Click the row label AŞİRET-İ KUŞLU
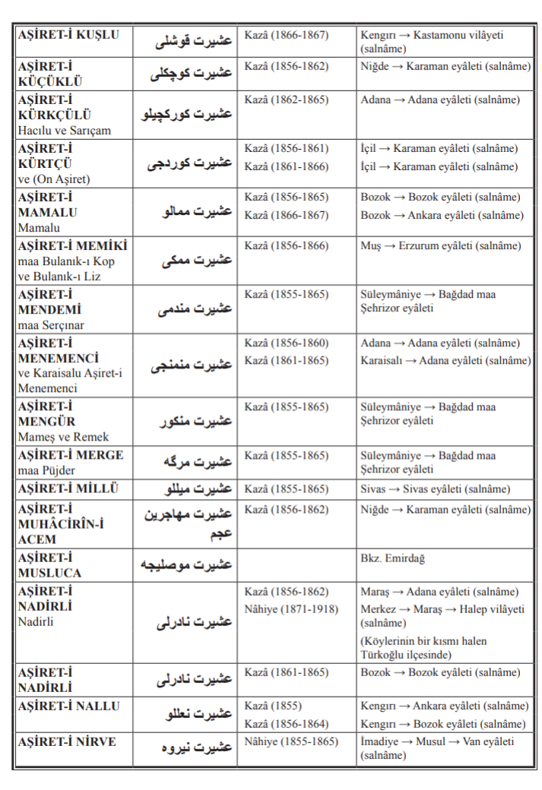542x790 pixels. point(68,35)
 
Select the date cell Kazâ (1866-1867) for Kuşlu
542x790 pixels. point(286,35)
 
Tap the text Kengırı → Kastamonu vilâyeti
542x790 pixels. point(432,35)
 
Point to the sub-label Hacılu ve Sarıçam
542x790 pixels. point(65,130)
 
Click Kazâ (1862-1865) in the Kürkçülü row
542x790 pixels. point(286,100)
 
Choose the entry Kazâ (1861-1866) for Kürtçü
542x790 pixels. point(286,166)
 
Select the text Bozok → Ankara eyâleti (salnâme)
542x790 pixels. point(442,215)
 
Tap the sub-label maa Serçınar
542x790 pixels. point(51,324)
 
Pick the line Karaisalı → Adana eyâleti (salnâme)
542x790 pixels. point(445,361)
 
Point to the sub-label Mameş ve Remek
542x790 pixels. point(64,437)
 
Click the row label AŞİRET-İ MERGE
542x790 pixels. point(71,455)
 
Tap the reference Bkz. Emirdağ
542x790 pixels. point(392,558)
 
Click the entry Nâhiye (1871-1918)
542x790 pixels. point(292,609)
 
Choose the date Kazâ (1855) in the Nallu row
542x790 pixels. point(273,706)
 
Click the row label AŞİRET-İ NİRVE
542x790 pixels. point(67,741)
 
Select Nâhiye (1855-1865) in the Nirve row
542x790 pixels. point(291,741)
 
